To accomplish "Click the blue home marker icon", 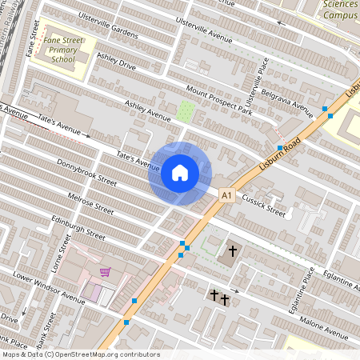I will coord(179,173).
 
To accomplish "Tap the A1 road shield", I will coord(226,194).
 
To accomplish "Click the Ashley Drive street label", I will coord(118,62).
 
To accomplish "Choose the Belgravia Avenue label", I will coord(290,98).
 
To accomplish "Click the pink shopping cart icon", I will coord(105,272).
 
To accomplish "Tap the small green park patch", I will coord(186,111).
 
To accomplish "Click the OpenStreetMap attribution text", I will coord(80,354).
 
